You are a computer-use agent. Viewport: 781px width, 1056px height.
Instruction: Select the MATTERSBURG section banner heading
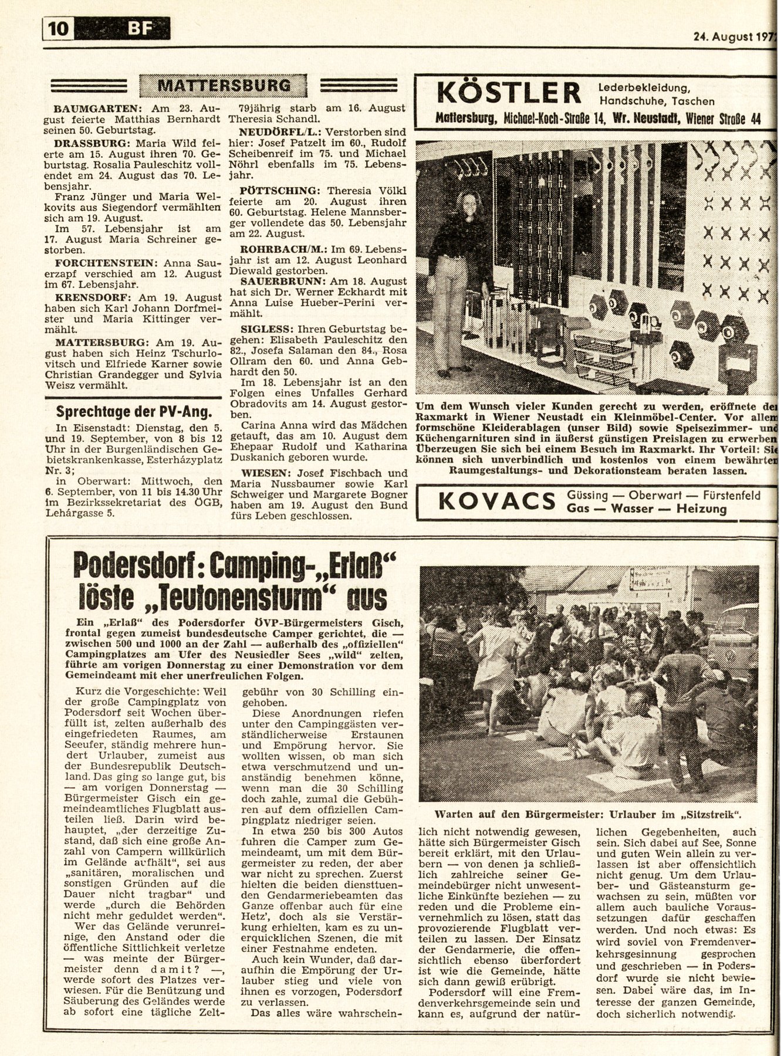click(224, 86)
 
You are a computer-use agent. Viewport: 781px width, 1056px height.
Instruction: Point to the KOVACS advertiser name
click(496, 502)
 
